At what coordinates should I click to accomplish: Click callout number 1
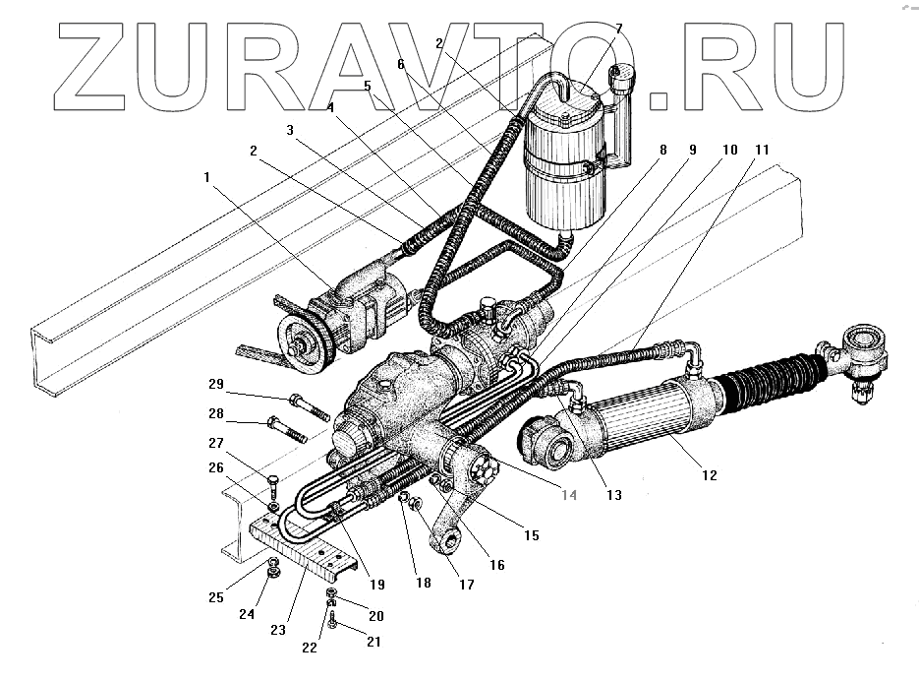point(207,177)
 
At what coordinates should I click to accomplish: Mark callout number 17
point(465,584)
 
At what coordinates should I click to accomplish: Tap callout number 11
point(762,149)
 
